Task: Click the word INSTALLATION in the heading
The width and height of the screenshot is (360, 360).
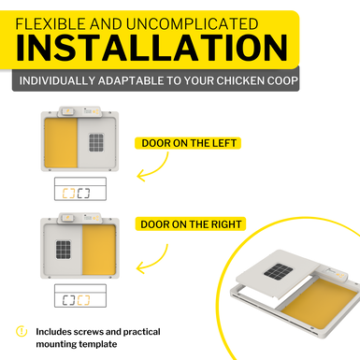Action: [x=151, y=48]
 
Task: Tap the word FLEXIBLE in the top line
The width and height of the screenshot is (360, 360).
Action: [x=50, y=24]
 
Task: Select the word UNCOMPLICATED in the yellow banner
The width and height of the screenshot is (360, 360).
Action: [x=193, y=24]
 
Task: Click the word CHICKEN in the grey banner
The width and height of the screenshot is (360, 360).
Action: [x=236, y=80]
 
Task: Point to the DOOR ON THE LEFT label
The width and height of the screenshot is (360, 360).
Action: [x=189, y=143]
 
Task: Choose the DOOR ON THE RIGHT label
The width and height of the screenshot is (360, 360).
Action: [x=191, y=224]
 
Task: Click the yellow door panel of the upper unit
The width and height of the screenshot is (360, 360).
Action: [x=61, y=143]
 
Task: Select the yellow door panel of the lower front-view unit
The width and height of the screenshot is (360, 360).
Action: [x=99, y=250]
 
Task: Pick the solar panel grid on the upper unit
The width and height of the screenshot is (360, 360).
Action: [x=96, y=142]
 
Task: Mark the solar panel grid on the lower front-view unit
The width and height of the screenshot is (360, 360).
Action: [x=64, y=250]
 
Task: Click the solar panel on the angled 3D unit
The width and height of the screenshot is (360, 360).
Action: [x=279, y=271]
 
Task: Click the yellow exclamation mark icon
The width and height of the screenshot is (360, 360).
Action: [x=22, y=331]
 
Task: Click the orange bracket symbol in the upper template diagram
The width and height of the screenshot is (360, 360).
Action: [x=68, y=193]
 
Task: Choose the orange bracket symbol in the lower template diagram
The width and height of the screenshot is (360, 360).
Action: [x=83, y=300]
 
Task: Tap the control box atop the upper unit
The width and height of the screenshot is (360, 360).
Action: [x=79, y=111]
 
